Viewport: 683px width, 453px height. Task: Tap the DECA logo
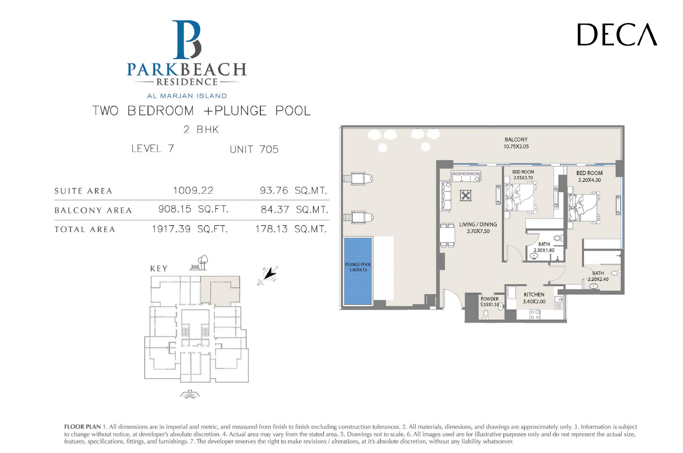pos(617,34)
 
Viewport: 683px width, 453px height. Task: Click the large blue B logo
pos(186,39)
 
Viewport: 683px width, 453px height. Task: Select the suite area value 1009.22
pos(193,190)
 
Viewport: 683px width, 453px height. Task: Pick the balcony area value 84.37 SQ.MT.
pos(294,210)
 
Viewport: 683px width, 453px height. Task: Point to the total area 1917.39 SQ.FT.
pos(190,229)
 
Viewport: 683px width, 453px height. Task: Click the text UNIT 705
pos(254,149)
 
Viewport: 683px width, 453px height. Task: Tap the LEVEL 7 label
pos(153,148)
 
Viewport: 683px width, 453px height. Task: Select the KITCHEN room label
pos(534,295)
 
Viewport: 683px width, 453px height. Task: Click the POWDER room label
pos(489,299)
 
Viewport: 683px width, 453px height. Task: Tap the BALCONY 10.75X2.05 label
pos(516,143)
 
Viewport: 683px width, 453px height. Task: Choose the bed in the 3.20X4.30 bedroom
pos(584,207)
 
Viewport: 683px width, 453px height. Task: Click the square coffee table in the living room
pos(466,196)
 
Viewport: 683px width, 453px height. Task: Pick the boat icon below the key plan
pos(190,394)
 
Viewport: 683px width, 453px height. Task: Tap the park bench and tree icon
pos(199,263)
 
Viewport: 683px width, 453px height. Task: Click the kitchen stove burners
pos(535,315)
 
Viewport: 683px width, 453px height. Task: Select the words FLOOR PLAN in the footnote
pos(82,427)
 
